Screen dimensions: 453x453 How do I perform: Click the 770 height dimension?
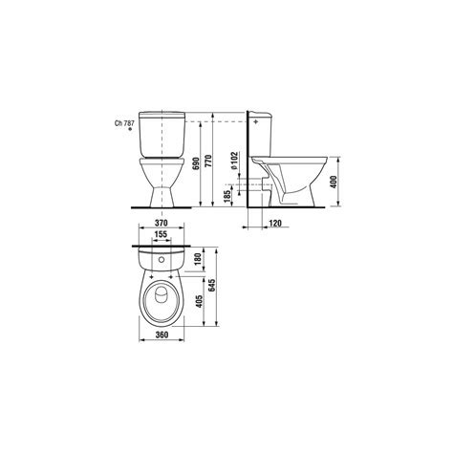click(x=208, y=162)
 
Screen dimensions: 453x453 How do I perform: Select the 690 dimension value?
click(x=196, y=163)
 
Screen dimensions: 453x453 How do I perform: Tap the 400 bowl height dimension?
click(x=334, y=182)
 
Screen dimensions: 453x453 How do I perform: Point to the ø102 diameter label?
click(x=234, y=161)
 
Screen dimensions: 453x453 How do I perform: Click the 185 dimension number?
click(x=227, y=197)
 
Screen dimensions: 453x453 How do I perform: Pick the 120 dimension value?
click(x=275, y=223)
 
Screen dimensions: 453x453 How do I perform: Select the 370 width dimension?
click(x=162, y=223)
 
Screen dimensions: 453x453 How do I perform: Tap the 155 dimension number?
click(x=161, y=234)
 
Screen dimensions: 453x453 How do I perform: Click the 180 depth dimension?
click(x=198, y=259)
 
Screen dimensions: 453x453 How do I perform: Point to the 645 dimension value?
click(x=212, y=285)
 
